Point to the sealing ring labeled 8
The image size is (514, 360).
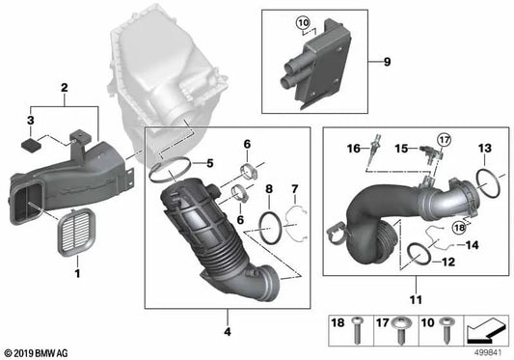point(272,226)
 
